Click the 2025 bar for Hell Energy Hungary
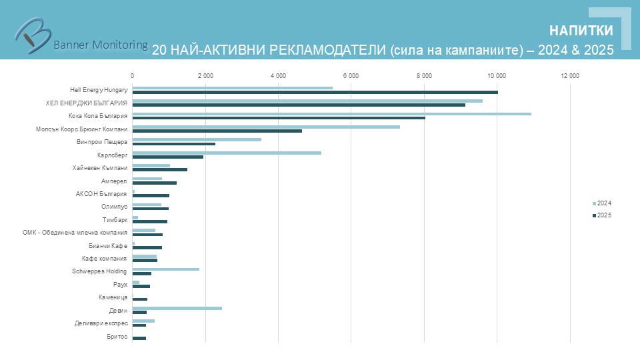(315, 92)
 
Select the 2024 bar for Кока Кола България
(331, 113)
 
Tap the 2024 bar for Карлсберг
(227, 153)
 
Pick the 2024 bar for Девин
(177, 308)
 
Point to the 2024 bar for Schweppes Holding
(165, 269)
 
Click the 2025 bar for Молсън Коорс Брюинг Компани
(217, 131)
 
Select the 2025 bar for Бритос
(139, 339)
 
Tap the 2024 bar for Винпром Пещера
(197, 139)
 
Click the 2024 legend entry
(602, 203)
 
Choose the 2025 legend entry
(602, 215)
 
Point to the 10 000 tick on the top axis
(497, 75)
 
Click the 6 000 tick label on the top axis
(351, 75)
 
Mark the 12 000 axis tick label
(570, 75)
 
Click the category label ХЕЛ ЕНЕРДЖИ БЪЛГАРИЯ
(87, 103)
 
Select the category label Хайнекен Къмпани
(100, 167)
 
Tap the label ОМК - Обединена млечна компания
(75, 233)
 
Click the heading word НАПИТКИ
(581, 31)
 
